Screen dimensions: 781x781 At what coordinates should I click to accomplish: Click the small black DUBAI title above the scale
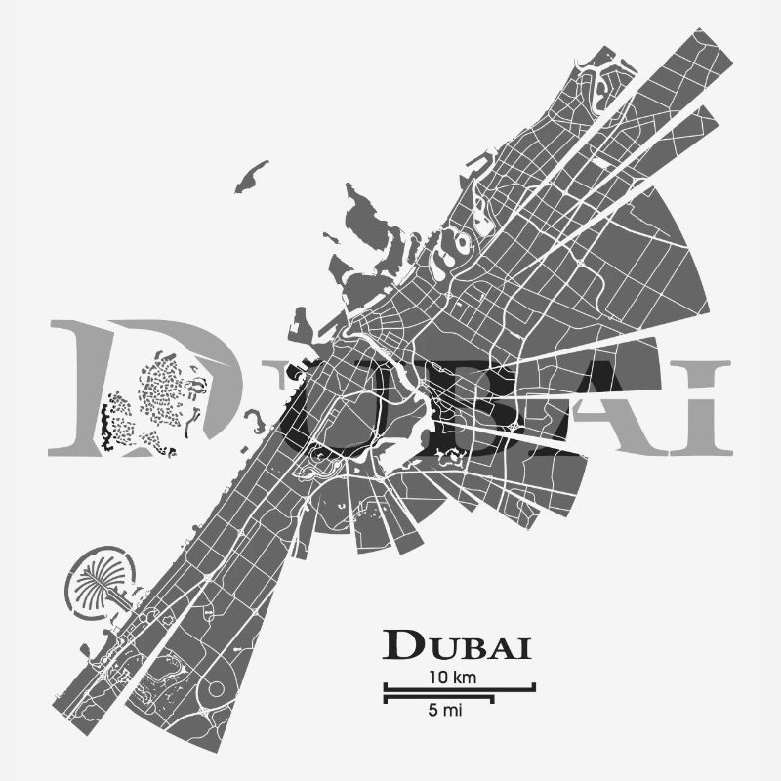coord(457,645)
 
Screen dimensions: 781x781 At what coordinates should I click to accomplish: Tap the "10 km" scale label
coord(452,677)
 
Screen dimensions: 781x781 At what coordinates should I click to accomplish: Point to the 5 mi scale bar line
coord(438,698)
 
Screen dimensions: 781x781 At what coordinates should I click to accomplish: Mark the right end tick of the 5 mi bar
coord(493,698)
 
